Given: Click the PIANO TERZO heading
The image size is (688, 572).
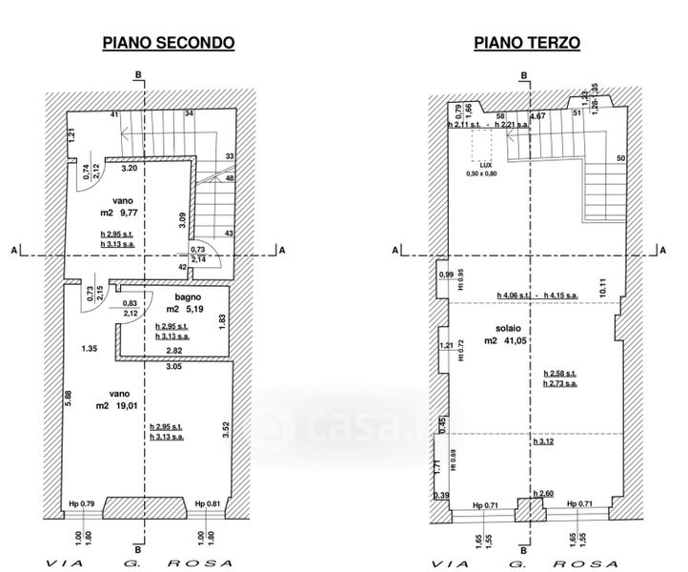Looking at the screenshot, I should pos(526,43).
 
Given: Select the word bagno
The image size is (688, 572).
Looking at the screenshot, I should pos(173,297).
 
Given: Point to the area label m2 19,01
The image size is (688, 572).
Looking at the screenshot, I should pos(114,404).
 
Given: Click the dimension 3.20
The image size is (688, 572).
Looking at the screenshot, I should pos(129,169).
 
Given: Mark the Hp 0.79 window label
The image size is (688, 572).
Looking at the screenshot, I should pos(82,504).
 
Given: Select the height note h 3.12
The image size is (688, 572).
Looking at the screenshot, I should pos(544,440).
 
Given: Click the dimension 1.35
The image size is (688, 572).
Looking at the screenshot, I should pos(91,347).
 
